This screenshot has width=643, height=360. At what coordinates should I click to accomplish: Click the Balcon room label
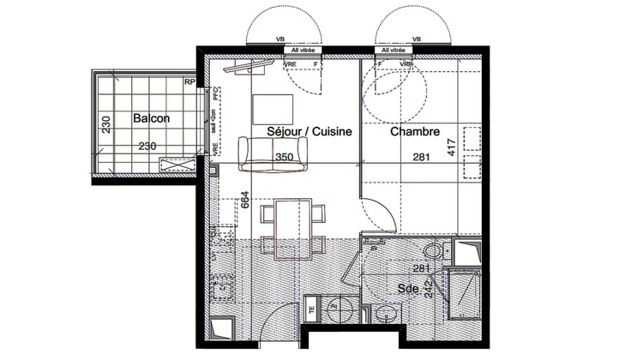coord(152,120)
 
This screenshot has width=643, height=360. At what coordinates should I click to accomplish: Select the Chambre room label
coord(415,133)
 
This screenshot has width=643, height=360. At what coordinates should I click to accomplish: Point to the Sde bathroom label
coord(408,290)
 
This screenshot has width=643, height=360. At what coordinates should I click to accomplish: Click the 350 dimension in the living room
coord(285,158)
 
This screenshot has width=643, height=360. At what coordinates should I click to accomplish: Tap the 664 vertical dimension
coord(245,200)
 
